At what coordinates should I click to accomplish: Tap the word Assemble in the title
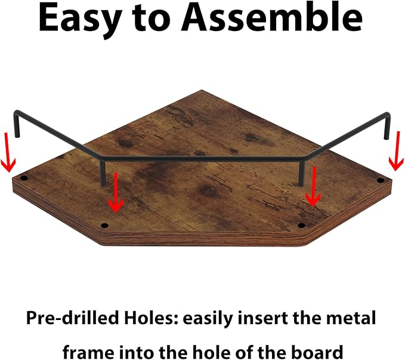[x=272, y=17]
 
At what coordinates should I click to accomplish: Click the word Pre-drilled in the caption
[x=73, y=318]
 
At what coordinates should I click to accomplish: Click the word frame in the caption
[x=88, y=352]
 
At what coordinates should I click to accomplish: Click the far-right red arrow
[x=397, y=151]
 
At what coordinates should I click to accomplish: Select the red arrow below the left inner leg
[x=116, y=193]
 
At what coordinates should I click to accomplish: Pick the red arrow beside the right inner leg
[x=314, y=186]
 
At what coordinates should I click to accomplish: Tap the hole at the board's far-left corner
[x=24, y=178]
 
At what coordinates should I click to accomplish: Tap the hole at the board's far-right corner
[x=381, y=180]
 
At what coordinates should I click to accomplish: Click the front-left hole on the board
[x=104, y=225]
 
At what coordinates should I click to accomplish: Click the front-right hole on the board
[x=301, y=225]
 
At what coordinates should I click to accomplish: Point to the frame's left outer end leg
[x=17, y=124]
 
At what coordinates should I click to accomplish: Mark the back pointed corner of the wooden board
[x=202, y=90]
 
